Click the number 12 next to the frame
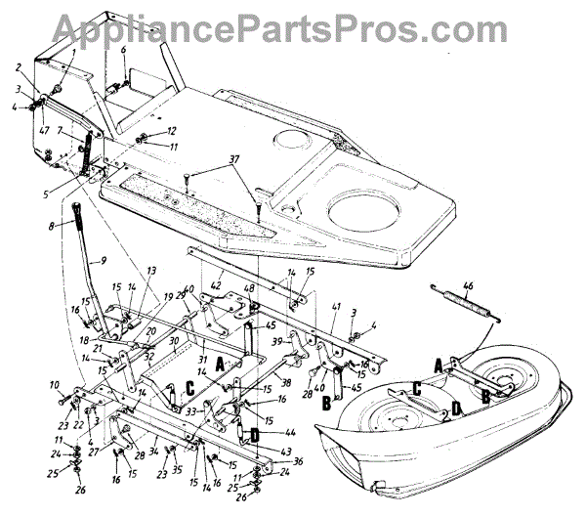(171, 130)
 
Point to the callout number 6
(124, 50)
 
